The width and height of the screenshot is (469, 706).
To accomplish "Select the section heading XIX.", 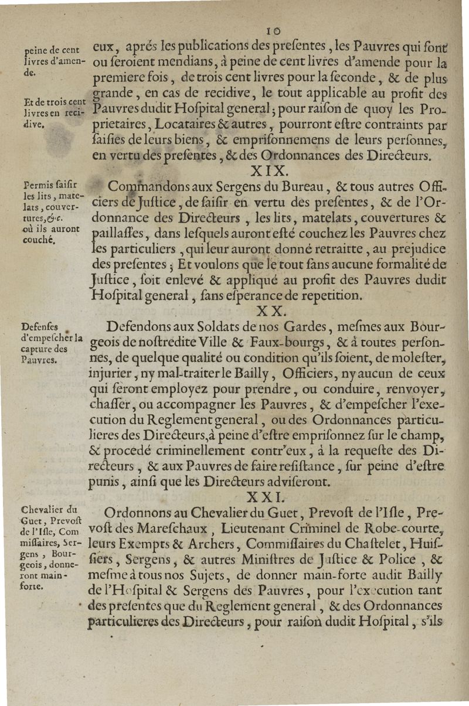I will [269, 170].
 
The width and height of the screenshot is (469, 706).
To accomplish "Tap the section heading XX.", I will [271, 310].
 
